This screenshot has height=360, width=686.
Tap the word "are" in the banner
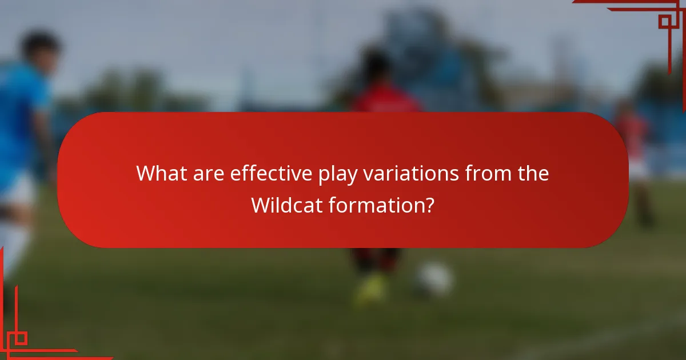(x=209, y=173)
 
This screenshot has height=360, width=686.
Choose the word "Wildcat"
(x=286, y=205)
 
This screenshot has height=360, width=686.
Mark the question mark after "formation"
(x=429, y=205)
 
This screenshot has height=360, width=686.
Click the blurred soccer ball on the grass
(x=434, y=279)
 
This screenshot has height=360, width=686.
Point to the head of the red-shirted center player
(x=377, y=66)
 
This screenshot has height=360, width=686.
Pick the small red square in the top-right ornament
(x=664, y=22)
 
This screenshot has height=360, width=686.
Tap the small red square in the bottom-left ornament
(x=21, y=338)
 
